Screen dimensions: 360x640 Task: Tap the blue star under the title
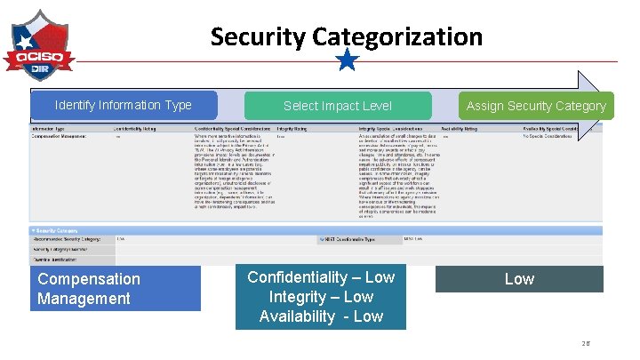tap(348, 60)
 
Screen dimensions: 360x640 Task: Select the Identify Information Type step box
tap(123, 105)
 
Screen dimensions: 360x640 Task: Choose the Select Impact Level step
tap(337, 106)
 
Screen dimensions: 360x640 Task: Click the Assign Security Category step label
tap(536, 106)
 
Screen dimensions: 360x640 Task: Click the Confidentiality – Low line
tap(321, 277)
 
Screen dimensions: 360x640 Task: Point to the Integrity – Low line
tap(321, 297)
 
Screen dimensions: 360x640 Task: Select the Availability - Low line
tap(321, 316)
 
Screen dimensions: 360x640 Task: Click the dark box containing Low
tap(519, 279)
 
